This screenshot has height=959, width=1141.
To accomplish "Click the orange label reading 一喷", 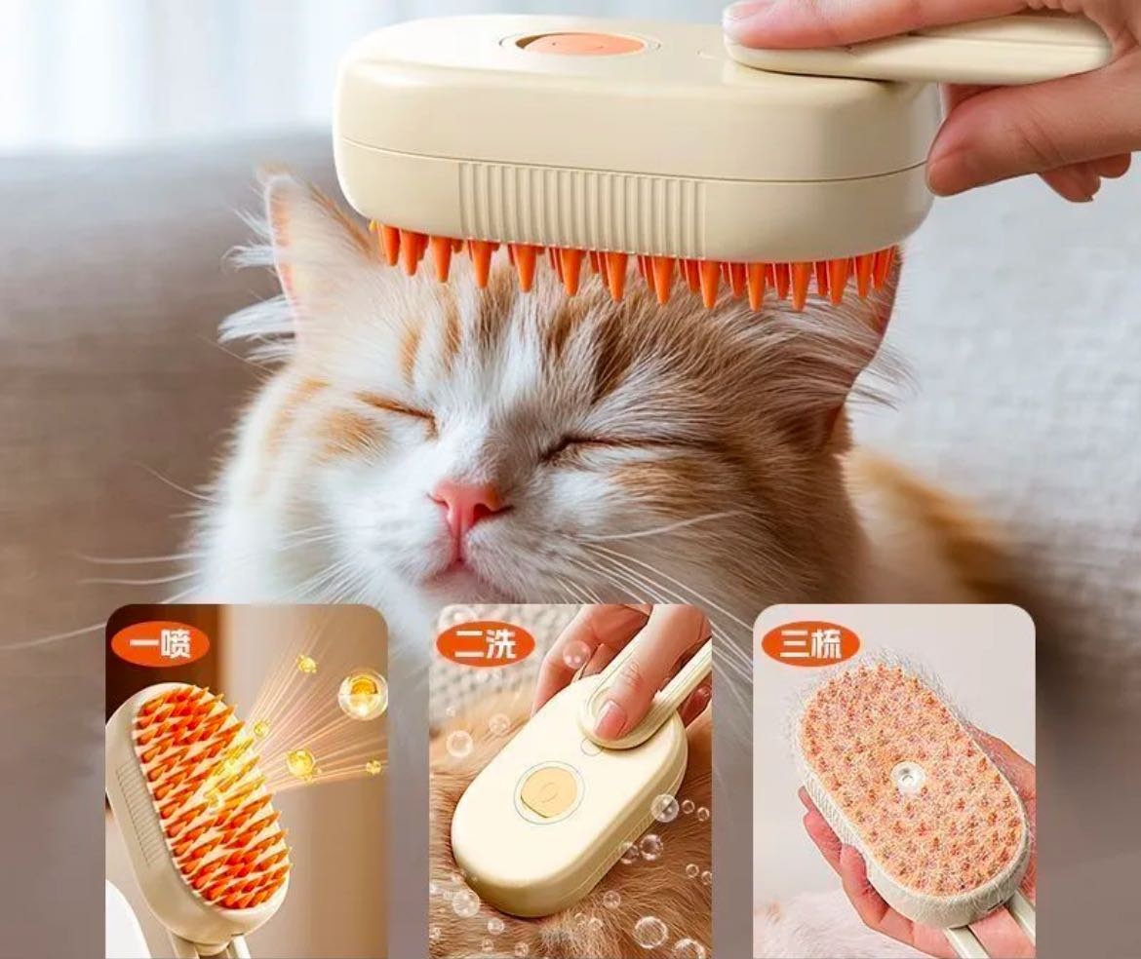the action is tap(159, 643).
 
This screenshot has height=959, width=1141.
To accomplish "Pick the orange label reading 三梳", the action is tap(810, 643).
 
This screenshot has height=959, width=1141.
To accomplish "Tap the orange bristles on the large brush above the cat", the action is tap(633, 265).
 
